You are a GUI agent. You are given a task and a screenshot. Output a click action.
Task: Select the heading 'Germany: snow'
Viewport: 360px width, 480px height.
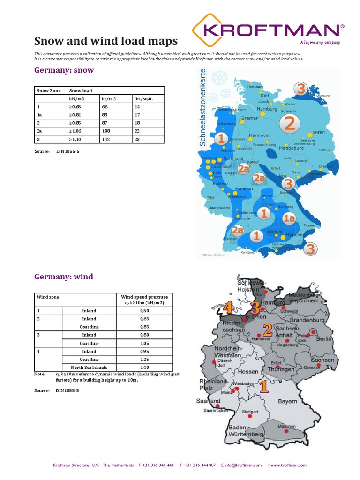pyautogui.click(x=64, y=70)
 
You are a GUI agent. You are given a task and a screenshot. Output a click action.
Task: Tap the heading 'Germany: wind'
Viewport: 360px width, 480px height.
pyautogui.click(x=63, y=277)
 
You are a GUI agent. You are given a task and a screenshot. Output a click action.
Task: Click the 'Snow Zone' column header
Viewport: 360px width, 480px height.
pyautogui.click(x=49, y=90)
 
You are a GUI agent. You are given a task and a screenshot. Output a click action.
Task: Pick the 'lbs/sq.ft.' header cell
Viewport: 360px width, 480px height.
pyautogui.click(x=143, y=99)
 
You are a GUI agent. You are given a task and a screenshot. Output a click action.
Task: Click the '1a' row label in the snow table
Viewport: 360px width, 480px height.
pyautogui.click(x=39, y=115)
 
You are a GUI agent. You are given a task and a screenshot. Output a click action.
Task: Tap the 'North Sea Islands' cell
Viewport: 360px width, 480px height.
pyautogui.click(x=89, y=367)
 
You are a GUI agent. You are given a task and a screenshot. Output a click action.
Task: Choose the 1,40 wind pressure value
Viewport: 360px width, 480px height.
pyautogui.click(x=144, y=367)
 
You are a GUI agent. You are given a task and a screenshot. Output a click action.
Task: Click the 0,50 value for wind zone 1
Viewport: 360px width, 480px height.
pyautogui.click(x=144, y=310)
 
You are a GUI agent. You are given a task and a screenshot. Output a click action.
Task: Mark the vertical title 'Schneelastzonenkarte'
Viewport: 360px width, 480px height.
pyautogui.click(x=203, y=107)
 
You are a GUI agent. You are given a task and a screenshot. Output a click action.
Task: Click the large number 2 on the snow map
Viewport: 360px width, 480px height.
pyautogui.click(x=290, y=123)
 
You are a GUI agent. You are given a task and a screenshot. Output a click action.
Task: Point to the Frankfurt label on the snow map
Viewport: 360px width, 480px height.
pyautogui.click(x=243, y=188)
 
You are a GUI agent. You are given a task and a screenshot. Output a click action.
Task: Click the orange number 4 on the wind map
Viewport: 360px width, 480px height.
pyautogui.click(x=228, y=308)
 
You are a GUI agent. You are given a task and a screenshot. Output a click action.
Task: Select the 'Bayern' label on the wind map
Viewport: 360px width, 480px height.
pyautogui.click(x=287, y=401)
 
